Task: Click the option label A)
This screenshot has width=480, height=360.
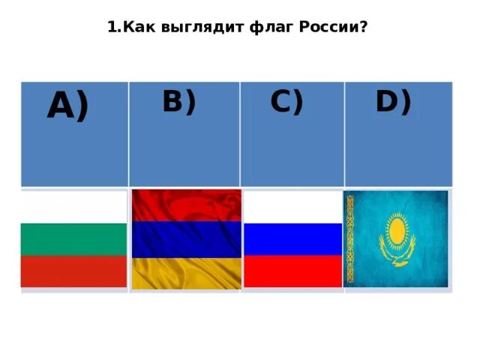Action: click(67, 106)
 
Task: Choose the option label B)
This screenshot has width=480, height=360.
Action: click(178, 101)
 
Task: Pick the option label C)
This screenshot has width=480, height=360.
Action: click(286, 101)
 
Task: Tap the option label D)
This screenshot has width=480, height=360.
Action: click(393, 101)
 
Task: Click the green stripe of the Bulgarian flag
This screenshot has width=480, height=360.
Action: click(73, 239)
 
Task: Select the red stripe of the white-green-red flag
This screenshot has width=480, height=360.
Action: click(73, 271)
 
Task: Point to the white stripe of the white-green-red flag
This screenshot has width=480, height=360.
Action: click(73, 208)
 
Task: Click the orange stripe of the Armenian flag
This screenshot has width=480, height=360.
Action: click(186, 273)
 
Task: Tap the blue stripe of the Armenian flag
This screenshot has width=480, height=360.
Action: click(186, 239)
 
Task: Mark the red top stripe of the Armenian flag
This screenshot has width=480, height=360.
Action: click(186, 205)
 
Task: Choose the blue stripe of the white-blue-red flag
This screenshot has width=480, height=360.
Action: click(292, 239)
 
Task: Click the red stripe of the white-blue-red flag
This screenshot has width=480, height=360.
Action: click(292, 271)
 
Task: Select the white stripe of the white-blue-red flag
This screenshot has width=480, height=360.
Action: click(292, 207)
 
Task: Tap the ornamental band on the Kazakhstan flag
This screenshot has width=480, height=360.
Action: click(349, 238)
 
